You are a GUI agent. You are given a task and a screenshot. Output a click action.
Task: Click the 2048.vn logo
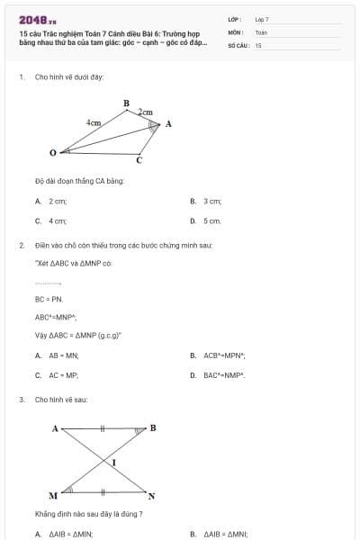(37, 19)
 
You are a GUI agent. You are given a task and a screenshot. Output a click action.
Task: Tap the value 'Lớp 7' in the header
(262, 19)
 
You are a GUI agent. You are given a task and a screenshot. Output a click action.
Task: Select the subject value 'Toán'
(261, 31)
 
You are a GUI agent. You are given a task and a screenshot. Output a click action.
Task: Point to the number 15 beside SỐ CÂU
(258, 44)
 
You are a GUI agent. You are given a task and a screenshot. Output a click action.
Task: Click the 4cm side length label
(94, 121)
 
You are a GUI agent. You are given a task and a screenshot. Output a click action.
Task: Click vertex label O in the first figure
(53, 152)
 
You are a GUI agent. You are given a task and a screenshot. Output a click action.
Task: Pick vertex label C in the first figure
(139, 161)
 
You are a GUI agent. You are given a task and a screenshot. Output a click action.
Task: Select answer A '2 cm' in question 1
(57, 202)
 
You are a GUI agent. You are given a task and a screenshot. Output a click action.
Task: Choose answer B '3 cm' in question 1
(211, 202)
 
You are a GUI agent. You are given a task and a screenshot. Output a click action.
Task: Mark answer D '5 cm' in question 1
(211, 220)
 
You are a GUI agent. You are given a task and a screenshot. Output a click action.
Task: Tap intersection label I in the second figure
(113, 461)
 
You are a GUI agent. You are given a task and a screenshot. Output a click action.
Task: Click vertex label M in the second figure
(53, 496)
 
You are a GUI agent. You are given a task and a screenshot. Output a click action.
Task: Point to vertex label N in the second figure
(151, 496)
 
